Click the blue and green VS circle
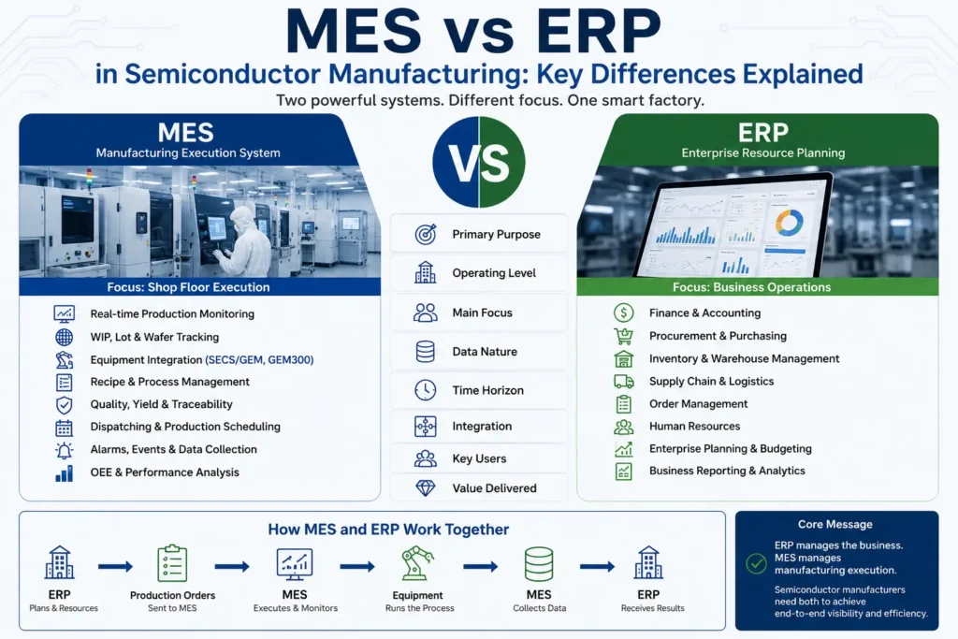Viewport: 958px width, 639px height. pyautogui.click(x=478, y=162)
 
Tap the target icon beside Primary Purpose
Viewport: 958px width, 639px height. pyautogui.click(x=426, y=234)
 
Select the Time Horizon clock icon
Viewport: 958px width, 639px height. pyautogui.click(x=426, y=390)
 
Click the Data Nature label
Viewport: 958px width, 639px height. pyautogui.click(x=485, y=351)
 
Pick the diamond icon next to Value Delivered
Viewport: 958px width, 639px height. pyautogui.click(x=426, y=487)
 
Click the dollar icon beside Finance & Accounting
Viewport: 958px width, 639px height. pyautogui.click(x=623, y=312)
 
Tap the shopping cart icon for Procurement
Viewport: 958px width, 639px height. pyautogui.click(x=623, y=335)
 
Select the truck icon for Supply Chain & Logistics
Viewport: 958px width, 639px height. pyautogui.click(x=623, y=381)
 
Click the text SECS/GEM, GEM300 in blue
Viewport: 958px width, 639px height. pyautogui.click(x=259, y=360)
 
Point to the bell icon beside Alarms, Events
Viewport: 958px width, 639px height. pyautogui.click(x=65, y=450)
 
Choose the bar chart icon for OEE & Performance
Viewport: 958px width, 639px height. pyautogui.click(x=65, y=472)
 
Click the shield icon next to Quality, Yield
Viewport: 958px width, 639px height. pyautogui.click(x=65, y=405)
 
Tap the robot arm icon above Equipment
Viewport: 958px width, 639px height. pyautogui.click(x=417, y=562)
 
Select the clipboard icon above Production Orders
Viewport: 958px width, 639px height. pyautogui.click(x=172, y=562)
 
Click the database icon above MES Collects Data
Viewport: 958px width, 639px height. pyautogui.click(x=539, y=563)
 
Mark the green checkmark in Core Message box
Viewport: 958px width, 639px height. pyautogui.click(x=756, y=563)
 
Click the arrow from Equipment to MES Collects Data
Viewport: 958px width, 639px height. pyautogui.click(x=480, y=567)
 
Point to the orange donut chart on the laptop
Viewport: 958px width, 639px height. pyautogui.click(x=790, y=223)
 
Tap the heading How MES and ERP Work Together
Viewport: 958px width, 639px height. pyautogui.click(x=388, y=529)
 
